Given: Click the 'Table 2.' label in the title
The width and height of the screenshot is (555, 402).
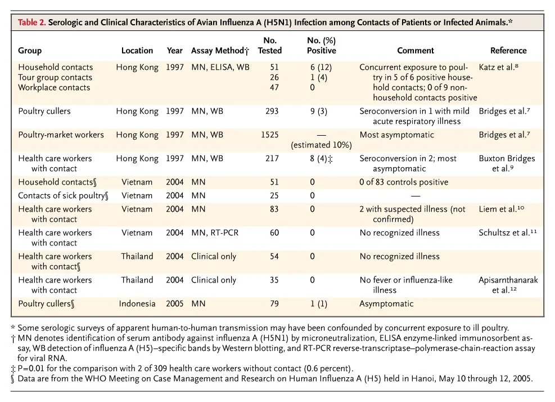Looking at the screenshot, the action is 32,23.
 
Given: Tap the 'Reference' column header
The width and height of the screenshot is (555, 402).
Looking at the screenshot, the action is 508,51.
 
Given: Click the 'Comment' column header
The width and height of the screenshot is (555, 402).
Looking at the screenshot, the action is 415,51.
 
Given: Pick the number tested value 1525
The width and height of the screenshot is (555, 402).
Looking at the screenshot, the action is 270,135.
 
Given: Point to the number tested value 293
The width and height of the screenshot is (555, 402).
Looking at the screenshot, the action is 272,111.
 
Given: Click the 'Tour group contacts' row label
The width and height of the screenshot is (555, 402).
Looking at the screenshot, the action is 55,77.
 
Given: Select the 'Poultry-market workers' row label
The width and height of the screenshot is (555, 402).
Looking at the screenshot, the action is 61,135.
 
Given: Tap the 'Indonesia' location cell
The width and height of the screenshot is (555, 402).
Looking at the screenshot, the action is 137,303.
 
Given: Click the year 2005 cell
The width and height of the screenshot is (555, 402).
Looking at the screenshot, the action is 175,303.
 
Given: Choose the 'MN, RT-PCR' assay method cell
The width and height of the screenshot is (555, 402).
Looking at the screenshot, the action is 215,233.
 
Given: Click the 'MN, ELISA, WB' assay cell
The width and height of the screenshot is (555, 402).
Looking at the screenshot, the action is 220,67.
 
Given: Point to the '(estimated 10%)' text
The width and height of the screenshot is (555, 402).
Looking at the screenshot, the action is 322,145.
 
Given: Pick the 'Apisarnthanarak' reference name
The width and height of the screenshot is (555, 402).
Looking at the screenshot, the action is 508,280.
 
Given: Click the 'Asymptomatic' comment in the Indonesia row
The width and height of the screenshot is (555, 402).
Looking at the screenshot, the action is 386,304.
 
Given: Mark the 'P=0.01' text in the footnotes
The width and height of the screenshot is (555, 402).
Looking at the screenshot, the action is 31,369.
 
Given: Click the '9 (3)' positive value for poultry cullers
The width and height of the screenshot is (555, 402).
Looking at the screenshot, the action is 319,111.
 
